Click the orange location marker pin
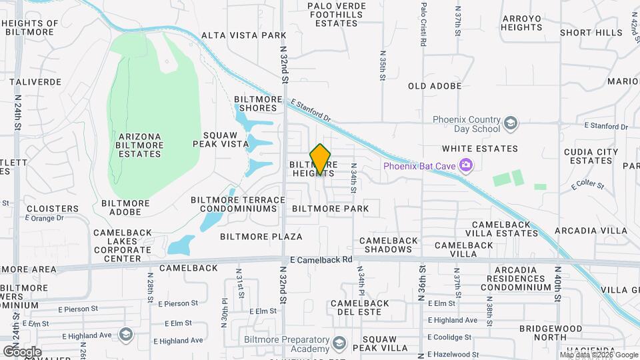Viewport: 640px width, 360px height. click(321, 159)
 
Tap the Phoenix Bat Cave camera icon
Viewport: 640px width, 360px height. click(466, 165)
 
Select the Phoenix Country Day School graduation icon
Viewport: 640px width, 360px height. click(510, 123)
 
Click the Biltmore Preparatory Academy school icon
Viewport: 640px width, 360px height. click(339, 344)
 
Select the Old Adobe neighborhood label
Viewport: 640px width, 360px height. click(435, 86)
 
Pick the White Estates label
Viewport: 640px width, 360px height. click(479, 149)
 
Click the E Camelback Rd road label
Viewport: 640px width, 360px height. click(321, 260)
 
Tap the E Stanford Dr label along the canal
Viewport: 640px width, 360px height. click(311, 110)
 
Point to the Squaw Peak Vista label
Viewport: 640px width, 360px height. click(215, 138)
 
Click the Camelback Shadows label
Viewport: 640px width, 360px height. click(389, 245)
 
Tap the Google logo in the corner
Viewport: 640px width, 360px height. click(22, 351)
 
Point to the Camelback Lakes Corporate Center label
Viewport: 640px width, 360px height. click(122, 245)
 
